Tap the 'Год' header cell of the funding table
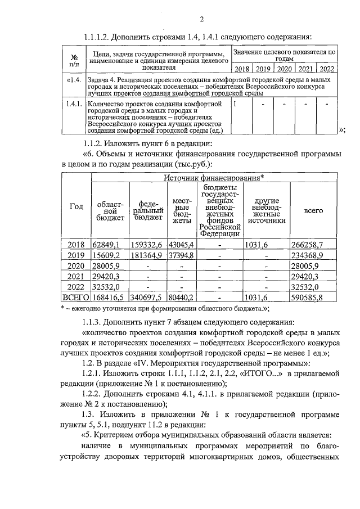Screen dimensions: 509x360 [76, 206]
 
